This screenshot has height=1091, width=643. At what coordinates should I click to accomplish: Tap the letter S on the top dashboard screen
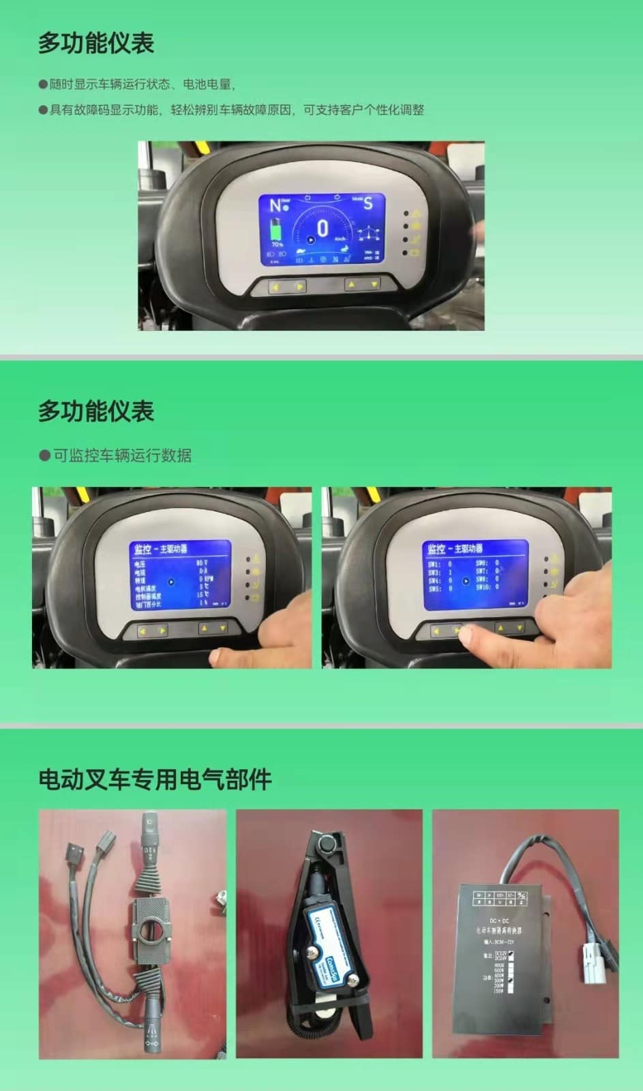pos(368,203)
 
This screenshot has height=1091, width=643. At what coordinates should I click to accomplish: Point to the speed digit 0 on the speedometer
pos(323,228)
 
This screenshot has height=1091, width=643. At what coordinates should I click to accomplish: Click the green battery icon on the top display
pos(277,230)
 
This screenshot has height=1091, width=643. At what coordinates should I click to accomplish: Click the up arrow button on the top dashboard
pos(351,284)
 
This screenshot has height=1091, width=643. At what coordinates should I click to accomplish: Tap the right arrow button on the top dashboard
pos(299,287)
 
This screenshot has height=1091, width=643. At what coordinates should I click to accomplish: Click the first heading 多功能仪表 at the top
pos(96,43)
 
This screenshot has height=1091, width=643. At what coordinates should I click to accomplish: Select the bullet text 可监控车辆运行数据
pos(122,455)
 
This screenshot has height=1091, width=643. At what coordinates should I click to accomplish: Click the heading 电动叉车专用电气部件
pos(155,779)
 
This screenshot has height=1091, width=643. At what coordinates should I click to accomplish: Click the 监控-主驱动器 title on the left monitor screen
pos(160,549)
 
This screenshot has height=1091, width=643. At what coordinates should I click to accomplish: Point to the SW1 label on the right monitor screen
pos(434,565)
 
